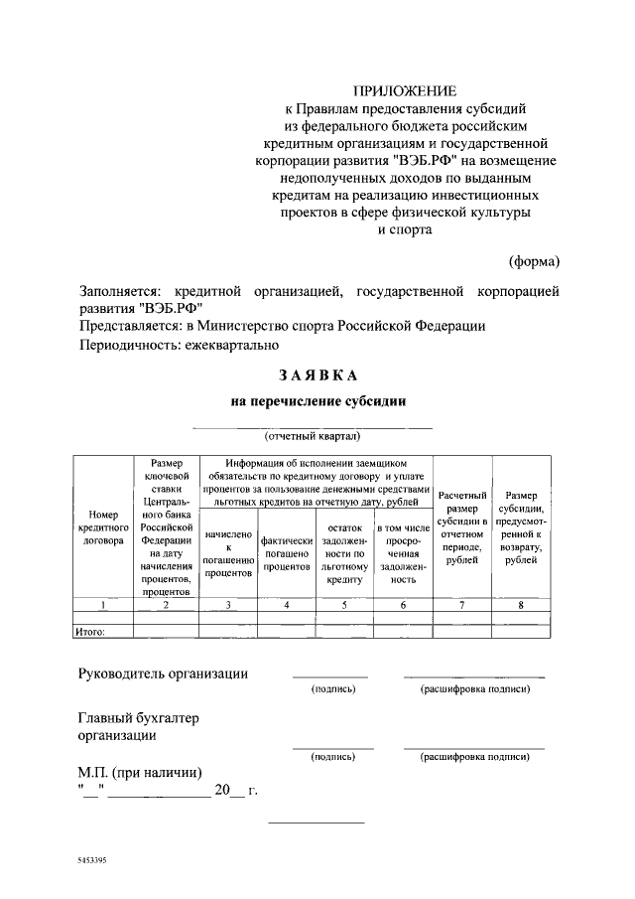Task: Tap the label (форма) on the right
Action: coord(534,261)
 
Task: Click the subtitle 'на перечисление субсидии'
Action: coord(317,401)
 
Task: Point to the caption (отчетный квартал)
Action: coord(312,435)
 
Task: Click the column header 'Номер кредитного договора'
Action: coord(103,527)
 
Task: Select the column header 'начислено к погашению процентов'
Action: coord(227,553)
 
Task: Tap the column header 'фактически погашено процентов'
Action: coord(287,553)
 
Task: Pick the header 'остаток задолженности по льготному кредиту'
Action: coord(344,553)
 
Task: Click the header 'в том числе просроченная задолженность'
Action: coord(402,553)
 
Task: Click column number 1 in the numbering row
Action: coord(103,604)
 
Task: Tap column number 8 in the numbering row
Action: coord(521,604)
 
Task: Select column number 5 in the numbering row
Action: coord(344,604)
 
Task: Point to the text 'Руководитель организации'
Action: coord(163,674)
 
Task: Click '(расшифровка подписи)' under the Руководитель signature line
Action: coord(474,688)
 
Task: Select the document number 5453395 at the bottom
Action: coord(88,861)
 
